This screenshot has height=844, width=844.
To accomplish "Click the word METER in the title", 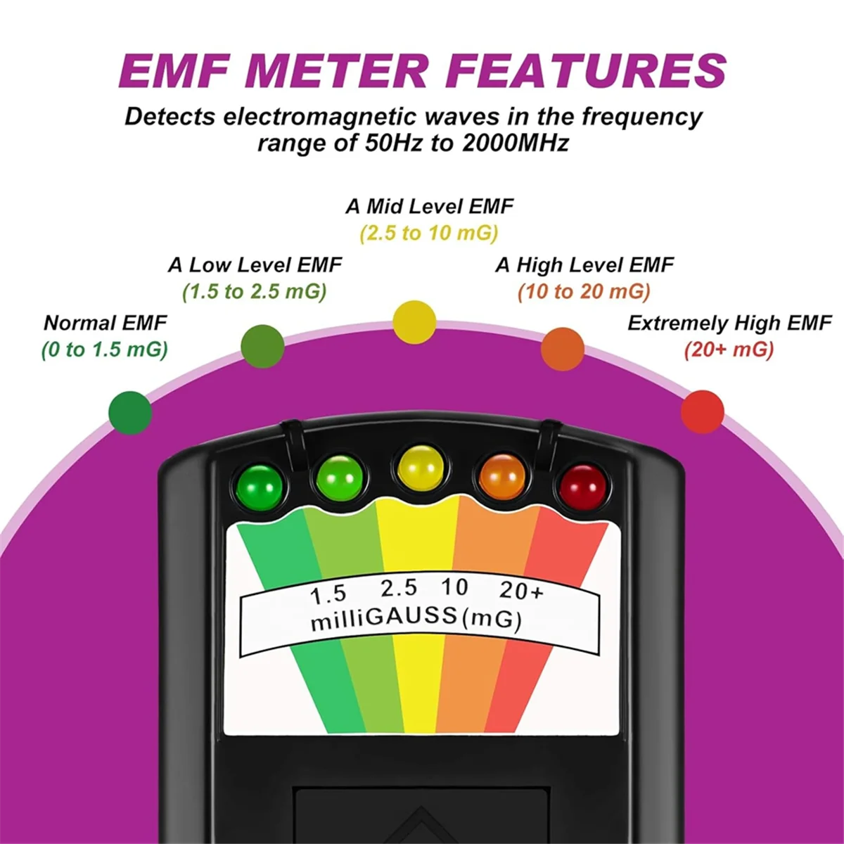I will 336,70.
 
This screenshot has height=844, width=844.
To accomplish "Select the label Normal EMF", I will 105,323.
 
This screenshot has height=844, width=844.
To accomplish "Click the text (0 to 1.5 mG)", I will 105,349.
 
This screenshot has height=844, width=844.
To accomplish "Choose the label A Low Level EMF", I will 255,265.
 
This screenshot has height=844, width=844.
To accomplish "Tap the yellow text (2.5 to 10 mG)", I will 429,233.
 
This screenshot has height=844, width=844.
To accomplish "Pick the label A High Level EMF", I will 584,265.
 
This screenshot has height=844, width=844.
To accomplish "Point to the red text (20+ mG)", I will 729,349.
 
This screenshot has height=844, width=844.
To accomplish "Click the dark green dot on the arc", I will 131,412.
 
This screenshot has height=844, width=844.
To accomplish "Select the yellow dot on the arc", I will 415,321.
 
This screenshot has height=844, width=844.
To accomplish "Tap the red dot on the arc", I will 703,411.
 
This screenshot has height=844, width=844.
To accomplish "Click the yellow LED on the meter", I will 421,467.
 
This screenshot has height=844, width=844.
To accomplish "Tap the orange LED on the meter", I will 502,476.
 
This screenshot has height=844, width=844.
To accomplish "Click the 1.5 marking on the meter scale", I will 328,594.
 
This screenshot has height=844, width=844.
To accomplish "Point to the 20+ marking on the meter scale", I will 521,591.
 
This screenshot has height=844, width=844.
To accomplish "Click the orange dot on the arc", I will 563,348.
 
